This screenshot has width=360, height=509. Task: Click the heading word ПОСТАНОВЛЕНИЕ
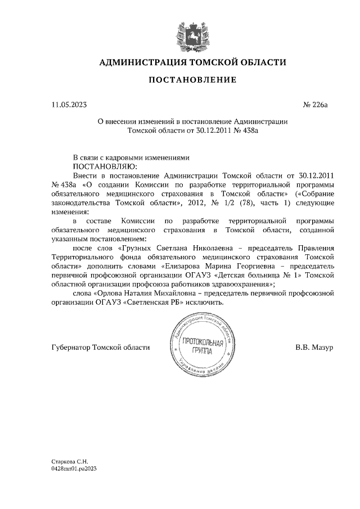point(192,80)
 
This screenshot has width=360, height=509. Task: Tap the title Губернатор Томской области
point(101,348)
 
